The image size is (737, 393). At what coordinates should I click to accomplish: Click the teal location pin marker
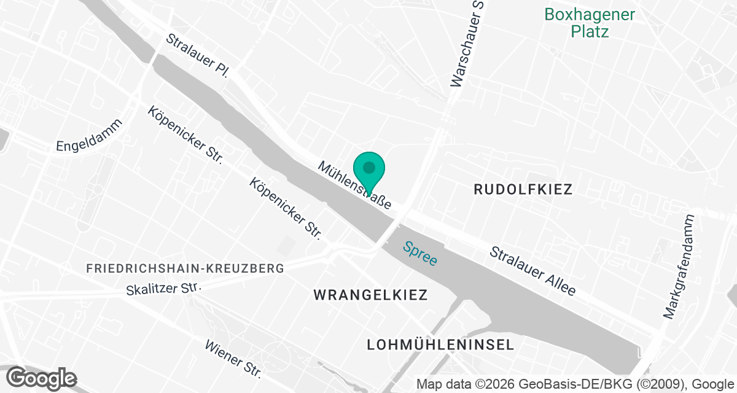click(368, 168)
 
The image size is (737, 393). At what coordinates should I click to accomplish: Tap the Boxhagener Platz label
click(590, 23)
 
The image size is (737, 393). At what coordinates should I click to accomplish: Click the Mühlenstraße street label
click(354, 185)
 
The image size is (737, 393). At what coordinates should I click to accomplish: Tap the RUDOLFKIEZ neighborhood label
click(523, 190)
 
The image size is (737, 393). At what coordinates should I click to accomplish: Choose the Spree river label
click(420, 253)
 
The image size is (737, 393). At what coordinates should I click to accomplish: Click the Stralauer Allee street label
click(532, 271)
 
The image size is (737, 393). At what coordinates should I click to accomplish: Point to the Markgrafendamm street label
click(679, 266)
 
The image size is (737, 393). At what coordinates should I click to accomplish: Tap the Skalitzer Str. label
click(163, 289)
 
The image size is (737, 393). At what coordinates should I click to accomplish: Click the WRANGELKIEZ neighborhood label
click(370, 295)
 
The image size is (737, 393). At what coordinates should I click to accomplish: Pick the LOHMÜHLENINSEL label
click(440, 344)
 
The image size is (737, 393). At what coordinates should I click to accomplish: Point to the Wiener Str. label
click(234, 359)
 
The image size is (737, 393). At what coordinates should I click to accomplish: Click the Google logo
click(42, 378)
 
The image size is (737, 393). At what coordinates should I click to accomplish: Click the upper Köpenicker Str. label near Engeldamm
click(184, 134)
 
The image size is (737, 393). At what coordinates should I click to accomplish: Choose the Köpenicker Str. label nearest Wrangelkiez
click(286, 208)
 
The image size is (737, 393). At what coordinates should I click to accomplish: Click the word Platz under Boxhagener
click(590, 31)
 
